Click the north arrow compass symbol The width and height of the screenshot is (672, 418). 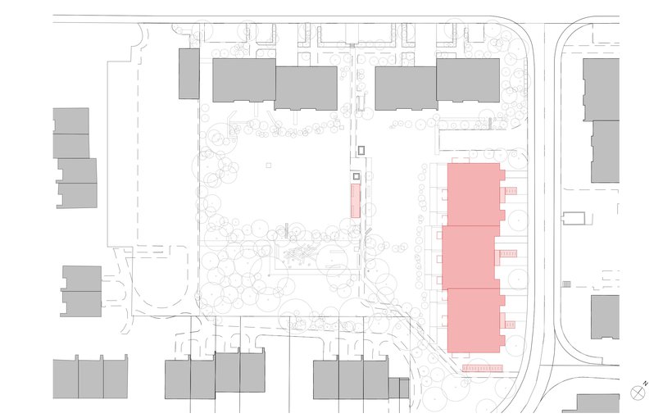[x=637, y=393]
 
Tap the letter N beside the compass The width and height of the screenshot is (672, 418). [x=646, y=384]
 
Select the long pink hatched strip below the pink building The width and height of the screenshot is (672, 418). [x=482, y=368]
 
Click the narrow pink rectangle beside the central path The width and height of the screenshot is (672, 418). [x=355, y=201]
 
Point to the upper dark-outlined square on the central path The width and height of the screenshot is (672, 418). [x=361, y=150]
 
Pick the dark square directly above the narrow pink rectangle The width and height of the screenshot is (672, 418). [x=356, y=176]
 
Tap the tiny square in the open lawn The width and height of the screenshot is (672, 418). [x=268, y=165]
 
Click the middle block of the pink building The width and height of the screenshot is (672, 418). [x=470, y=257]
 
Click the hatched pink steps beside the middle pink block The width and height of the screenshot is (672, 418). [x=508, y=254]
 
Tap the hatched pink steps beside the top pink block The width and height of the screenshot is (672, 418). [x=511, y=191]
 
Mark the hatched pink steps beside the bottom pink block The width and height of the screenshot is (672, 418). [x=510, y=325]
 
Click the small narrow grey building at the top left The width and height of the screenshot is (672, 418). [x=189, y=74]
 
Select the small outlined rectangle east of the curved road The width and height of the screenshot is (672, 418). [x=574, y=218]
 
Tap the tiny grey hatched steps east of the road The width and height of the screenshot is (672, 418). [x=566, y=284]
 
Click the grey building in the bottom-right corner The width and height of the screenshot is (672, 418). [x=593, y=403]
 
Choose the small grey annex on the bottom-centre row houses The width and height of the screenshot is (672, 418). [x=398, y=388]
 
